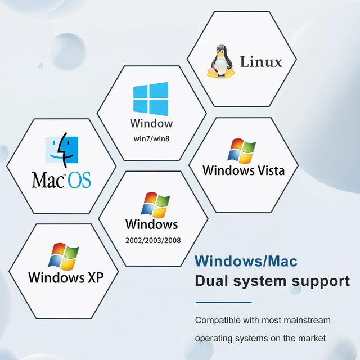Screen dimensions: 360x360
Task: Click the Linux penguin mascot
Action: click(x=221, y=61)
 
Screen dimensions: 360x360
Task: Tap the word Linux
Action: click(x=261, y=62)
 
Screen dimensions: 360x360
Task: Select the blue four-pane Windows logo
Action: click(x=151, y=99)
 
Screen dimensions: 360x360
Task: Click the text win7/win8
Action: click(x=151, y=139)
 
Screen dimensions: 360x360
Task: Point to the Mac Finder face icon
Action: click(x=61, y=150)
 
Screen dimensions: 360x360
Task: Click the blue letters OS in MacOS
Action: click(x=79, y=180)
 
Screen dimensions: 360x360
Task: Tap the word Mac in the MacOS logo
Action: click(x=47, y=180)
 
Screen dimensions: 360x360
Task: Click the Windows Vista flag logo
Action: click(x=241, y=151)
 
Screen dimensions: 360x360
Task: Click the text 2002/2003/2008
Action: click(x=153, y=240)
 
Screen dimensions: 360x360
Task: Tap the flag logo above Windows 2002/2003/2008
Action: click(x=155, y=205)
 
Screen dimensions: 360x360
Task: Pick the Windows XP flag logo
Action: click(x=64, y=256)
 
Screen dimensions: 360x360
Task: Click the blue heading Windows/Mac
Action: click(x=246, y=261)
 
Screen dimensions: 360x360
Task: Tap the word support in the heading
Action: click(x=321, y=282)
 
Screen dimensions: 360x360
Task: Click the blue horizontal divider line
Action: click(x=224, y=302)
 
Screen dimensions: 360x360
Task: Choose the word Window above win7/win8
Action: click(x=151, y=123)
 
